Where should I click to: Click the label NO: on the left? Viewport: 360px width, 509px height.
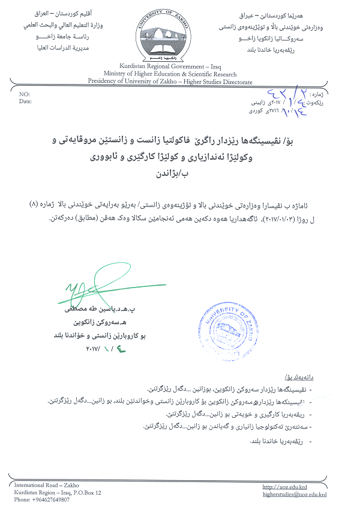coord(24,95)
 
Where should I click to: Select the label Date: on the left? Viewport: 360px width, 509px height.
coord(25,101)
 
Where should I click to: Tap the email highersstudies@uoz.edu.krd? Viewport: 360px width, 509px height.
coord(295,494)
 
